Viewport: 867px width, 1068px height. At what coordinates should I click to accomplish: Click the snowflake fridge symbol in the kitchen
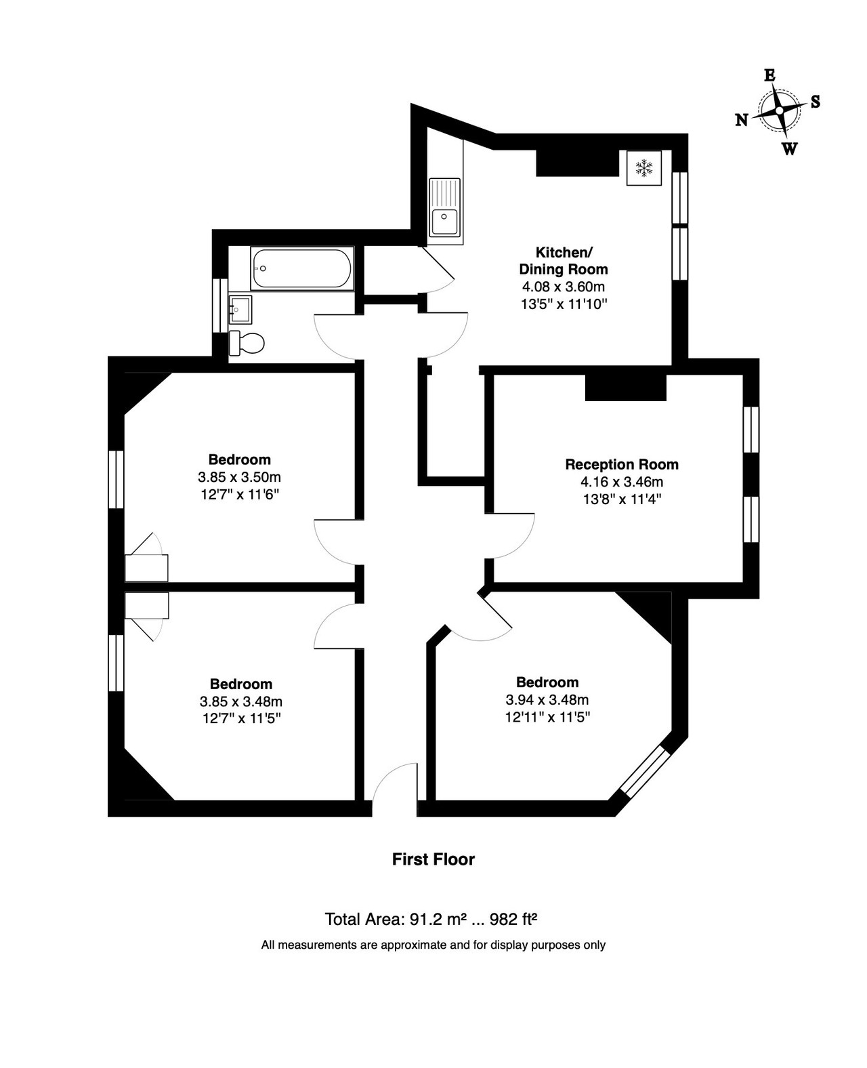tap(643, 167)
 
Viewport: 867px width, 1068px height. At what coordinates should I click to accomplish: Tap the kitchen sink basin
tap(444, 221)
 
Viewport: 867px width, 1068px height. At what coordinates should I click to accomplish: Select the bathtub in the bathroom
tap(302, 268)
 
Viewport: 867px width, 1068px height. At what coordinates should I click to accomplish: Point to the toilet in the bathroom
tap(246, 343)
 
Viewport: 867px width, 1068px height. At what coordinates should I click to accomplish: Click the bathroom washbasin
tap(240, 310)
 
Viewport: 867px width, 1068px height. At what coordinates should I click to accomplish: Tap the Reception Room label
tap(621, 464)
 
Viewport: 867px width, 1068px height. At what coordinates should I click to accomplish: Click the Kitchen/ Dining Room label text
tap(564, 261)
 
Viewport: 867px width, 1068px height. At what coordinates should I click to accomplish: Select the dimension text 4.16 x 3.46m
tap(621, 482)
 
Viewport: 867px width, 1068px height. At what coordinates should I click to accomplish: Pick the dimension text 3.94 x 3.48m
tap(547, 699)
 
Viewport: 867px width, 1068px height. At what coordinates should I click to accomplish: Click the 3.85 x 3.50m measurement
tap(240, 477)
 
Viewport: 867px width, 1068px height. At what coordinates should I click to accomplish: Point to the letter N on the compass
tap(741, 120)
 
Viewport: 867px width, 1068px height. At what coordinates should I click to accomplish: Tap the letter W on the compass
tap(789, 148)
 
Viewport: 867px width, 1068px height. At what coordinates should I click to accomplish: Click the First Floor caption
tap(433, 859)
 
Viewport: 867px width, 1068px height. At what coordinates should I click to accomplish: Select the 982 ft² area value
tap(513, 919)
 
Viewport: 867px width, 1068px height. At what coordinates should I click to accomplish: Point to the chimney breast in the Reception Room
tap(626, 387)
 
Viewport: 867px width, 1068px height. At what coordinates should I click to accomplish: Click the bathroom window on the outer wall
tap(220, 306)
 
